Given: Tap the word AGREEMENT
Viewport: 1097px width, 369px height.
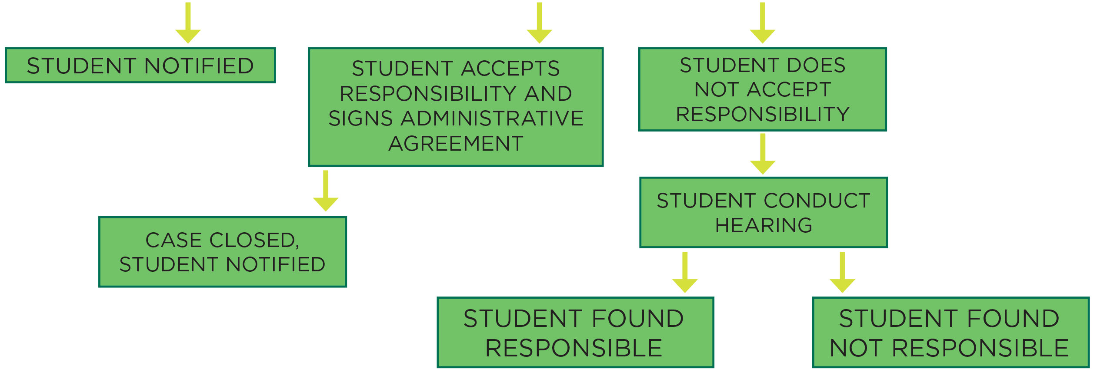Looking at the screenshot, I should (456, 144).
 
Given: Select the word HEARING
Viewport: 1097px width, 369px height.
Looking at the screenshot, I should (764, 225).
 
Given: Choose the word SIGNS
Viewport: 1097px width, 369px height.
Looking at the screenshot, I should (360, 119).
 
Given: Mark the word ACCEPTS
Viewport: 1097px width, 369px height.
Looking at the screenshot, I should (510, 68).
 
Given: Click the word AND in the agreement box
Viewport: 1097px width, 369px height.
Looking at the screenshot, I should (548, 93).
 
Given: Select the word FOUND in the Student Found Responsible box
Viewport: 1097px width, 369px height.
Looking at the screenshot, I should (637, 319).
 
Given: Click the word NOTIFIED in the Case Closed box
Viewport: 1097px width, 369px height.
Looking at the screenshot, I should (276, 264).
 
